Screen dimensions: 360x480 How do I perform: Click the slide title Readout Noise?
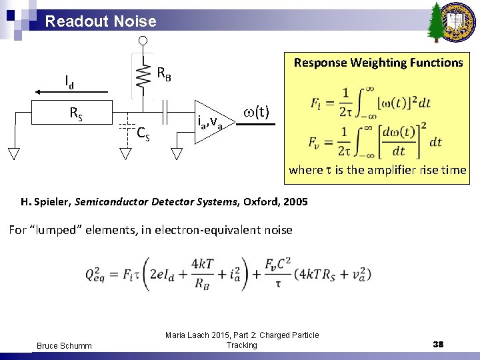[x=101, y=21]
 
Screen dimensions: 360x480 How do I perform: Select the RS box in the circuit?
[x=77, y=114]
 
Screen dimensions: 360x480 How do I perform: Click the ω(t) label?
[x=257, y=111]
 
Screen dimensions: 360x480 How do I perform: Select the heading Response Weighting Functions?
[x=378, y=63]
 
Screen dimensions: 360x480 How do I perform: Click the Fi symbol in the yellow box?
[x=317, y=104]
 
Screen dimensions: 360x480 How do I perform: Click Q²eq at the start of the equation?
[x=101, y=273]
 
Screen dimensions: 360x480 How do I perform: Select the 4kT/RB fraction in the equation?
[x=202, y=273]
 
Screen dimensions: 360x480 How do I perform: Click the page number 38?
[x=438, y=344]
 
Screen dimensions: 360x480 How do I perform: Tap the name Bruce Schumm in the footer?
[x=64, y=345]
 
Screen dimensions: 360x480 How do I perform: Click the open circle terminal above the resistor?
[x=143, y=41]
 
